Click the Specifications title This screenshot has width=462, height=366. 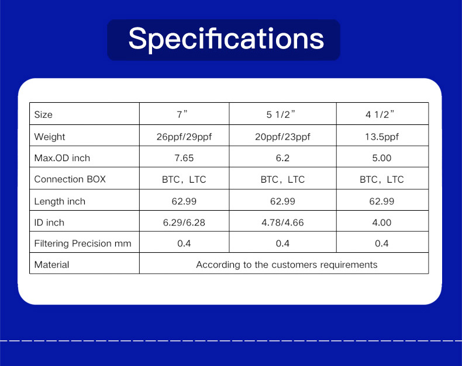[226, 39]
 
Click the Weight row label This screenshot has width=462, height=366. [50, 137]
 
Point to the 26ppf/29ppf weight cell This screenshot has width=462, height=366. [184, 137]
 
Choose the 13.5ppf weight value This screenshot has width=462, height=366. [382, 137]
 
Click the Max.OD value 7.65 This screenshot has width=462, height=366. [184, 158]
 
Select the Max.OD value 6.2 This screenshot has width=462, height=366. [282, 158]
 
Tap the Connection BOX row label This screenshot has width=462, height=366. [70, 179]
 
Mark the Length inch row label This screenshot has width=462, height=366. [60, 201]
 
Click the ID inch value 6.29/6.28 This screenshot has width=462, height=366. [184, 222]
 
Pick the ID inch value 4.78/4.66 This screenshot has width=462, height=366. [282, 222]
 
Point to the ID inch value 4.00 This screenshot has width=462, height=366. [382, 222]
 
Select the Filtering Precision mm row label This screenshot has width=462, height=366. [83, 243]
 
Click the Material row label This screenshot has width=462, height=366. [51, 264]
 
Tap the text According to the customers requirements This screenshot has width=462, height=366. [287, 265]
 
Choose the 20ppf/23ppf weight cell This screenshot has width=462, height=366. [282, 137]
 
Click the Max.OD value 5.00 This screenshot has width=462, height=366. [382, 158]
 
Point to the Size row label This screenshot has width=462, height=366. [43, 114]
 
